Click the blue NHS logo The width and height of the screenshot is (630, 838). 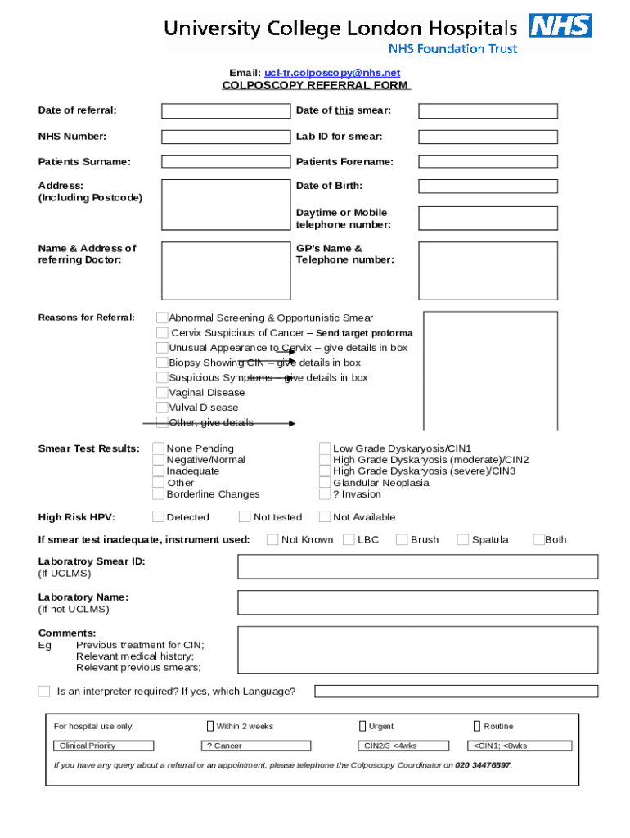560,26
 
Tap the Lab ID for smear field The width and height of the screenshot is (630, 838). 488,137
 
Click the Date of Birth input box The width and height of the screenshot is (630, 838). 488,186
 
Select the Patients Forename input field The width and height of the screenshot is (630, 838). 488,162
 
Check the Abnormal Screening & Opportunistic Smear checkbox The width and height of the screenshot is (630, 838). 162,318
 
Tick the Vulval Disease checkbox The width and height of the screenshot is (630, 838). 162,408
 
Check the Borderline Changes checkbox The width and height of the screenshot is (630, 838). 158,494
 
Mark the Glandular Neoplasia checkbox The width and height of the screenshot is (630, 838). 325,483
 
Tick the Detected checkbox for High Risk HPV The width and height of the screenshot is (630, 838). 158,517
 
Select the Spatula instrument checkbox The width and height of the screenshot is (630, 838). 463,539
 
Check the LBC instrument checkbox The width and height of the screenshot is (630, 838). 349,539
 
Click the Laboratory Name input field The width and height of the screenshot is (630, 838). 417,603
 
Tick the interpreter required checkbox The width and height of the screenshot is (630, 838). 44,692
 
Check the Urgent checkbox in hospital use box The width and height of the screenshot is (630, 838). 362,726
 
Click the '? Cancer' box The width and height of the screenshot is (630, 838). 256,746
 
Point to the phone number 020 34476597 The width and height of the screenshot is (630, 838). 483,765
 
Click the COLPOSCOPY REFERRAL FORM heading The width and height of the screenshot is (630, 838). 316,85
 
